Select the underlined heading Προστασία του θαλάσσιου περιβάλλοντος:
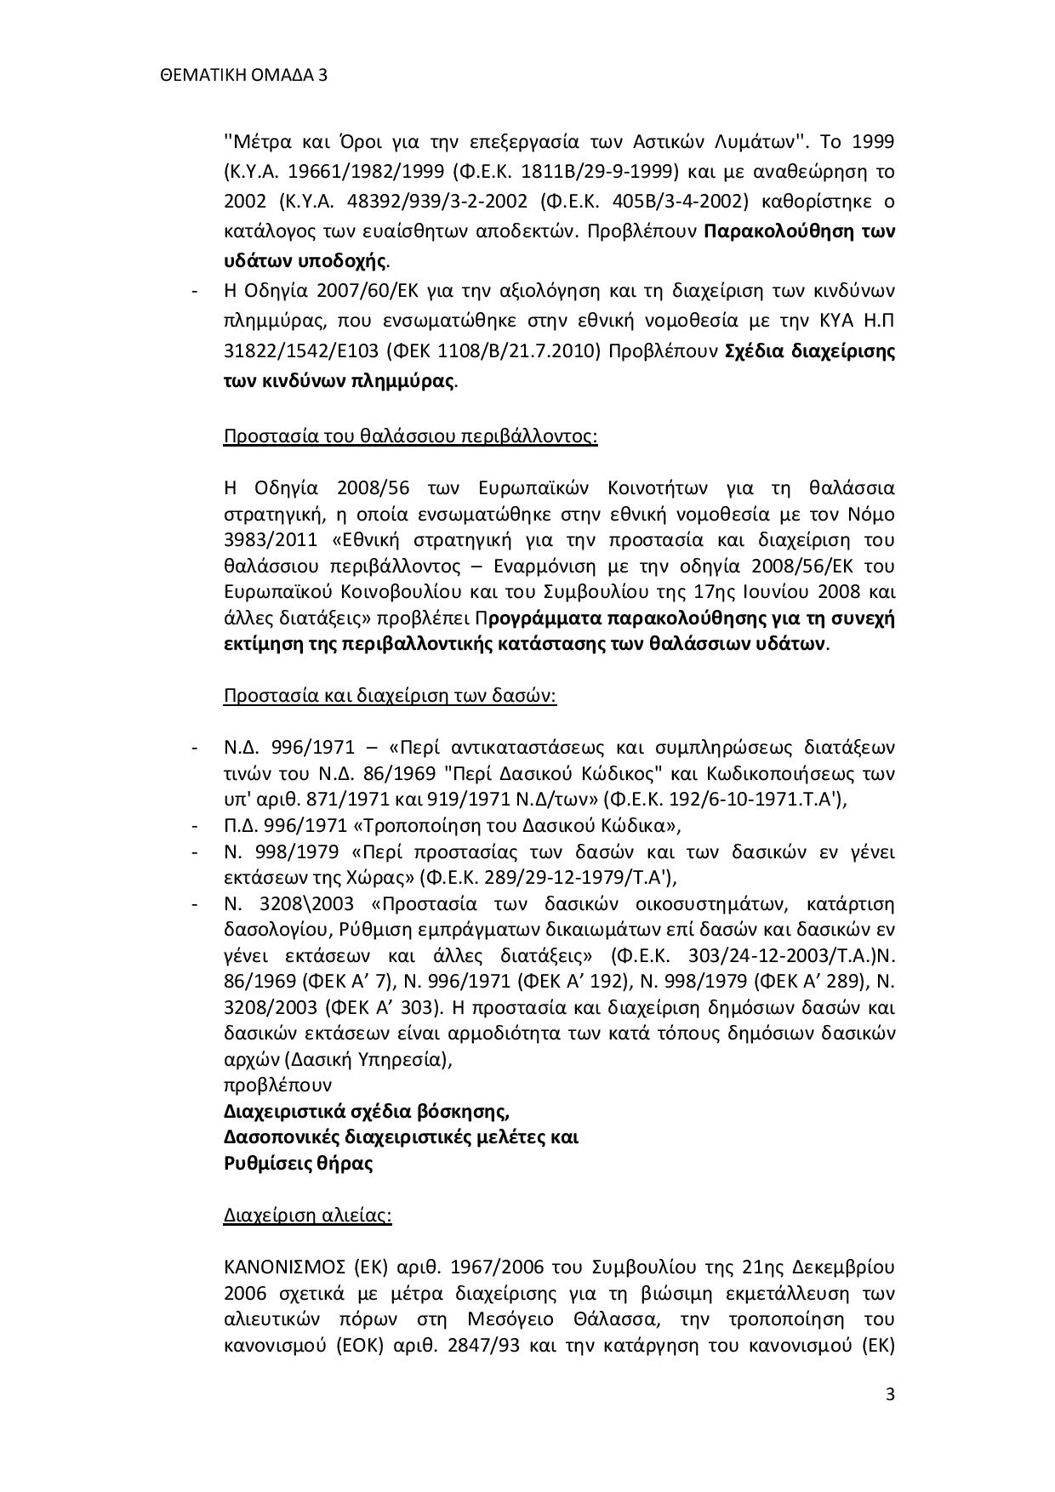[x=410, y=436]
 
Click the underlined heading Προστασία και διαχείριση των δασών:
[x=390, y=696]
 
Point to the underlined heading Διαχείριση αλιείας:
[x=307, y=1215]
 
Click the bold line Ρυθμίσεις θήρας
[x=298, y=1163]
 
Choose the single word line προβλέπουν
[x=277, y=1085]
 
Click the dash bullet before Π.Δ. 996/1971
[x=196, y=826]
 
